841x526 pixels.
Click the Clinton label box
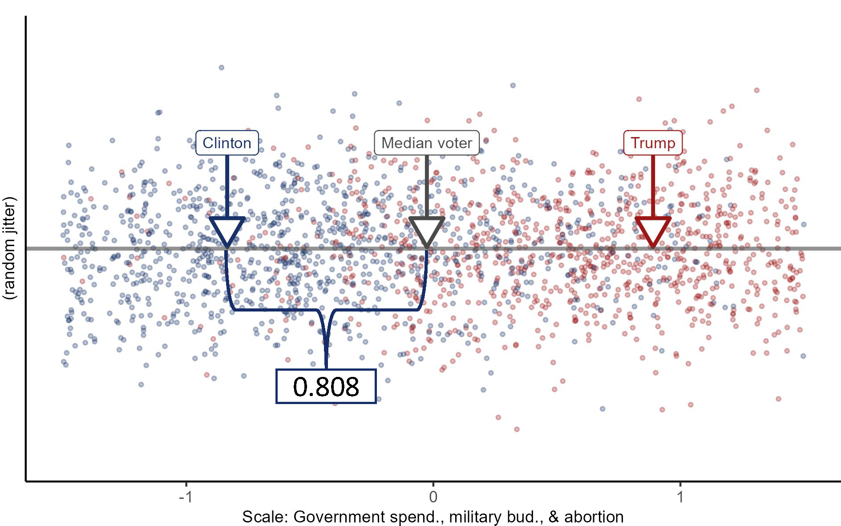(x=227, y=143)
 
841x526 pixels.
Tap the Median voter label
(x=426, y=143)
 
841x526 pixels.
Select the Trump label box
(x=653, y=143)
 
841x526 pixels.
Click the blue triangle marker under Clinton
(x=227, y=230)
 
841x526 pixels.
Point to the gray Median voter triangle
(x=427, y=230)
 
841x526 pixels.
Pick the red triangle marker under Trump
(x=653, y=230)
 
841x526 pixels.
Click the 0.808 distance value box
(x=326, y=386)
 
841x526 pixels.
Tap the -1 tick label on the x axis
(x=186, y=497)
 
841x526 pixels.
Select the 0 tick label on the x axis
(x=433, y=497)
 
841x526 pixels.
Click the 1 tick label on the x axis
(x=680, y=497)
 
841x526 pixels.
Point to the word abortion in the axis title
(x=594, y=517)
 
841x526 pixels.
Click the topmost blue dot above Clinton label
(x=221, y=68)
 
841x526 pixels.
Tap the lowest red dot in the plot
(x=517, y=429)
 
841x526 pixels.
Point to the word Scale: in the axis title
(x=265, y=517)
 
